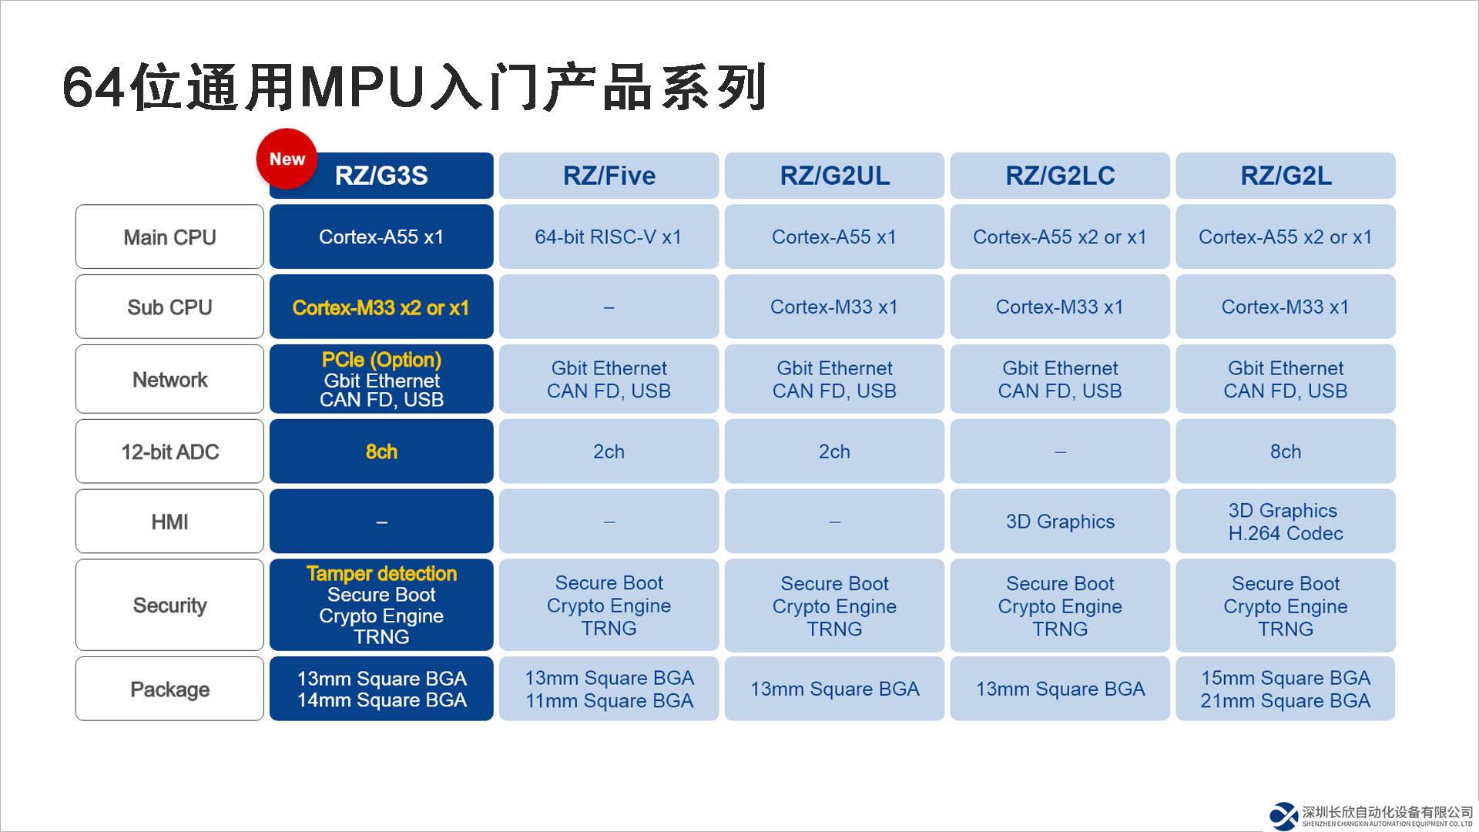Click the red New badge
(x=287, y=159)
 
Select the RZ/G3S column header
(x=381, y=176)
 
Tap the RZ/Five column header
(x=609, y=176)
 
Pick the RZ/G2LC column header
(x=1060, y=176)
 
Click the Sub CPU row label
(x=169, y=307)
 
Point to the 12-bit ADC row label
(x=169, y=452)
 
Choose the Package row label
(x=169, y=689)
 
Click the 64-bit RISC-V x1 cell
(x=609, y=237)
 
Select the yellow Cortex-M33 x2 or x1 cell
(x=381, y=308)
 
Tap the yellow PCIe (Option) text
(x=381, y=360)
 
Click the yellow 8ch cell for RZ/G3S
(x=381, y=452)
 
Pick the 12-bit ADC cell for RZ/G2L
(x=1286, y=452)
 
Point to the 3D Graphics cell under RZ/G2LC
(x=1060, y=522)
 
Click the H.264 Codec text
(x=1286, y=533)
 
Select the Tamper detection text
(x=381, y=574)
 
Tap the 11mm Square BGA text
(x=609, y=701)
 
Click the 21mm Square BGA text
(x=1286, y=701)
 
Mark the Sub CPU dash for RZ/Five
(x=609, y=307)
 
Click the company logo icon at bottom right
(x=1284, y=816)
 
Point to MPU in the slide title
(x=362, y=86)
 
